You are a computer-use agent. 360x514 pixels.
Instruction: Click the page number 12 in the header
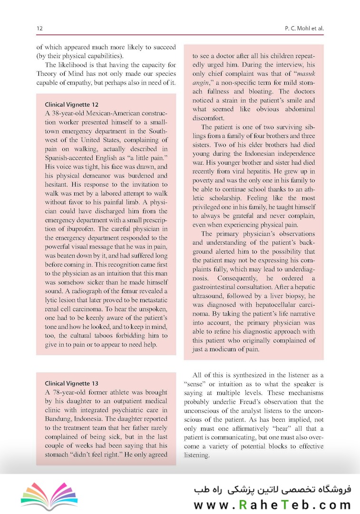[x=39, y=29]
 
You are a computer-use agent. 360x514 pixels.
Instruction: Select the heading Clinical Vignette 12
[x=71, y=104]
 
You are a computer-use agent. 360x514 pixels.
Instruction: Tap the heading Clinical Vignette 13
[x=71, y=383]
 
